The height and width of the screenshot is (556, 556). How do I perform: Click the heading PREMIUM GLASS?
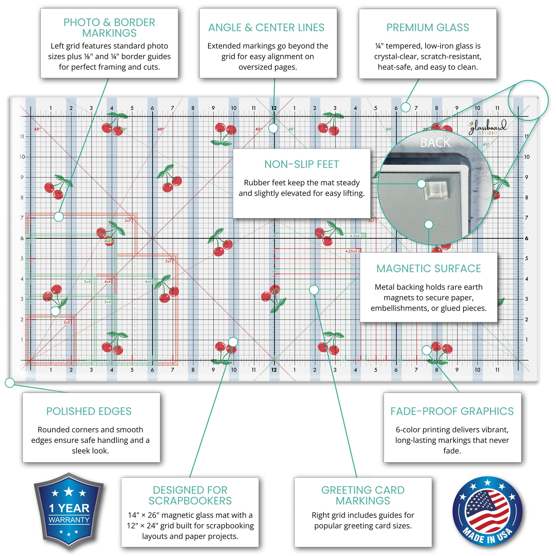coord(428,28)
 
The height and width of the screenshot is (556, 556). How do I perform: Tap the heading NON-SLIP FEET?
coord(301,165)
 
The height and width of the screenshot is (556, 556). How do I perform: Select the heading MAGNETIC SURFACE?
coord(428,269)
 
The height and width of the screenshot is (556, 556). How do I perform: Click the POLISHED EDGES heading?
coord(89,411)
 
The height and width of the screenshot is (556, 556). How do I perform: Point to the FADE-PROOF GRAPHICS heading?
coord(452,411)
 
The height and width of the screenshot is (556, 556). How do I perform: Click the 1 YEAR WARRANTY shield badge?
coord(69,511)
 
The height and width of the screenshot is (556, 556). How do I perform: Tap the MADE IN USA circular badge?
coord(487,511)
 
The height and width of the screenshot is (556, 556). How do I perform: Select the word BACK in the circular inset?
coord(435,143)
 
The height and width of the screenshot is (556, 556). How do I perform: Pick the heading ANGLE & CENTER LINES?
coord(266,28)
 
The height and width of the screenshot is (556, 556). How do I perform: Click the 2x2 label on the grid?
coord(67,322)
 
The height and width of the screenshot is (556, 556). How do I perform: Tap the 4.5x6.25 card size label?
coord(357,236)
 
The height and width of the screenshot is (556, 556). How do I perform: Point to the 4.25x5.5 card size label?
coord(353,251)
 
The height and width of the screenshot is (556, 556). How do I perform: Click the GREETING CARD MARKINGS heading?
coord(363,495)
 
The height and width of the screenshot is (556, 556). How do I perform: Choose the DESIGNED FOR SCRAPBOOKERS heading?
coord(190,495)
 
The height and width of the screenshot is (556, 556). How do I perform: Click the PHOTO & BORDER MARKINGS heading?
coord(109,28)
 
